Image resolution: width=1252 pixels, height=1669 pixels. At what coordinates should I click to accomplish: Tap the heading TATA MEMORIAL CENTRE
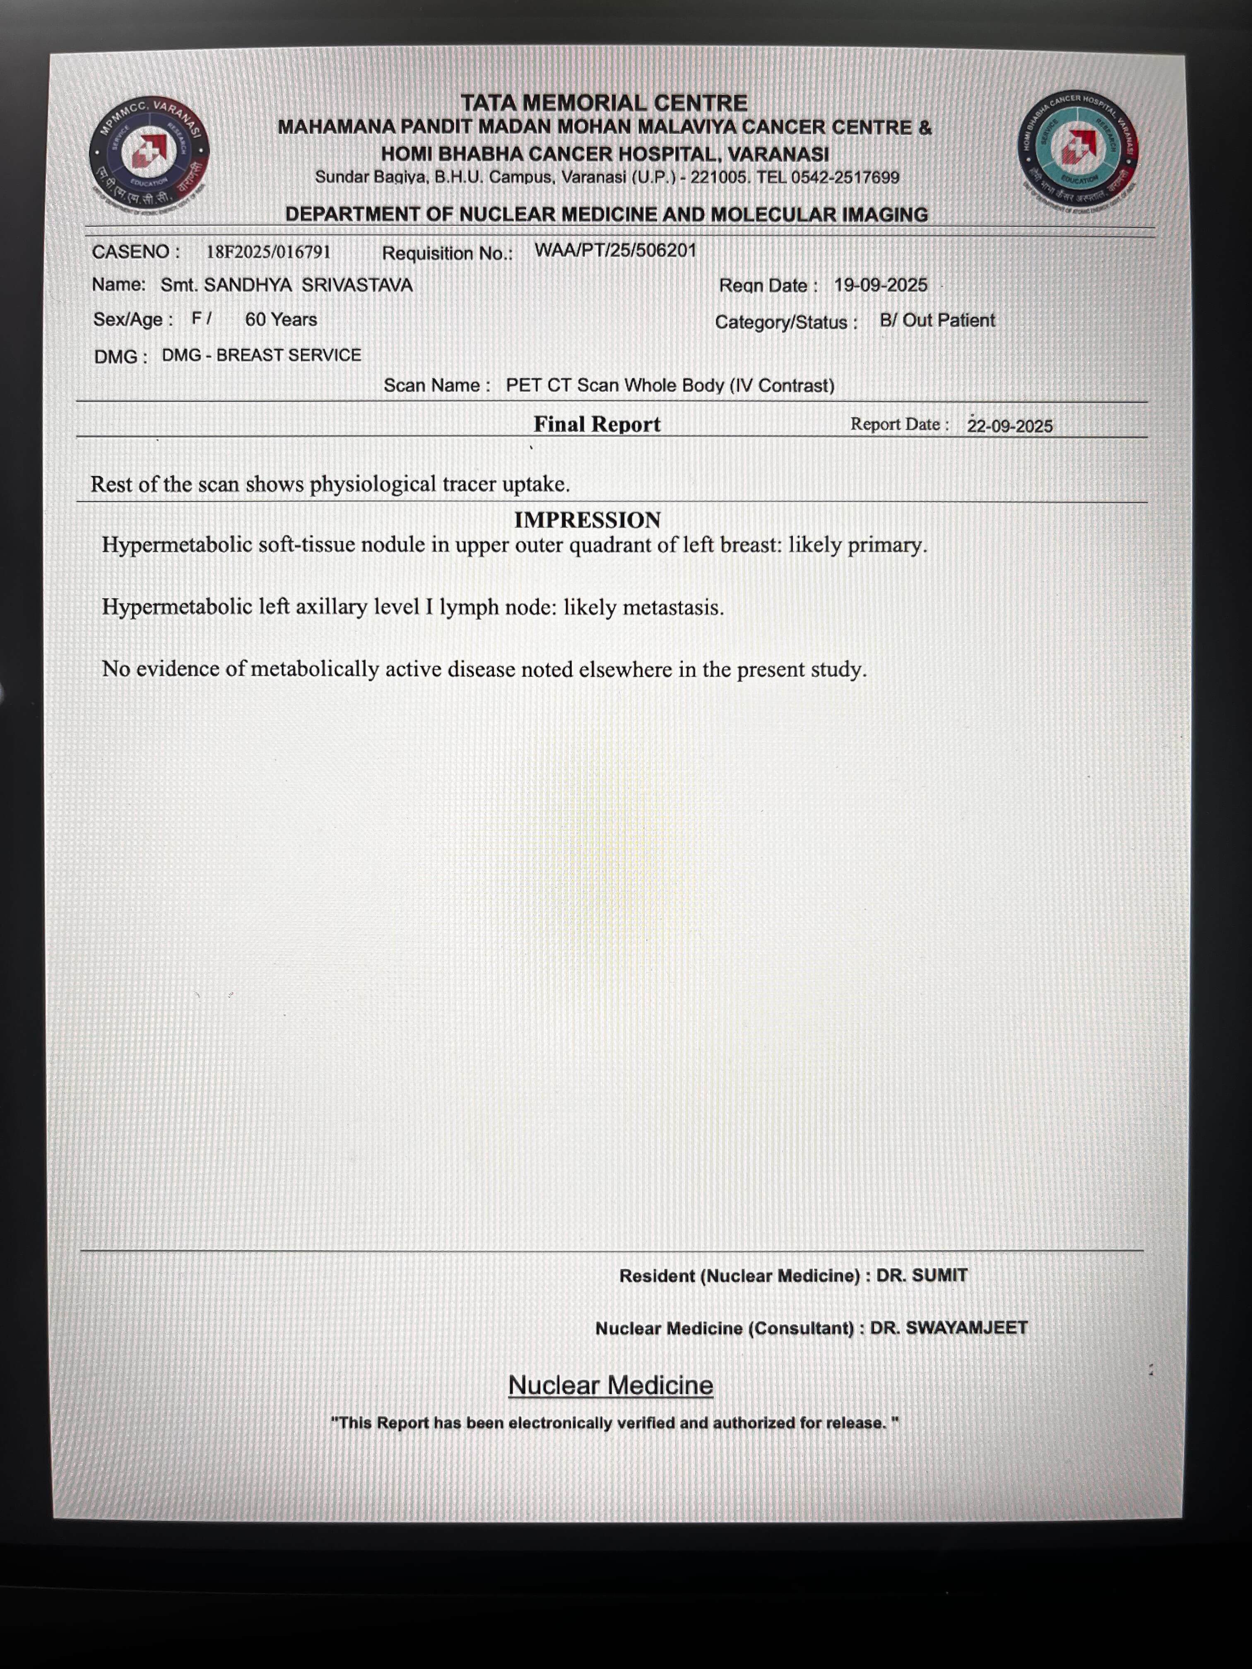point(604,103)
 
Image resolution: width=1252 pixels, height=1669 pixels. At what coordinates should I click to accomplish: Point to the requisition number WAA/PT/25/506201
point(615,250)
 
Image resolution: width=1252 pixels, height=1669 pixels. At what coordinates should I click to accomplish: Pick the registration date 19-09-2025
point(880,285)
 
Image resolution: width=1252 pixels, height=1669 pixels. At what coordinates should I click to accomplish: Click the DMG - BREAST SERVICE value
point(261,356)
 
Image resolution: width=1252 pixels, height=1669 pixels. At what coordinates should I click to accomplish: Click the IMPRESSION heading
point(587,520)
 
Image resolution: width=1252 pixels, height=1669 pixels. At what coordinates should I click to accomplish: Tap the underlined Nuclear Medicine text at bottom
point(610,1385)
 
